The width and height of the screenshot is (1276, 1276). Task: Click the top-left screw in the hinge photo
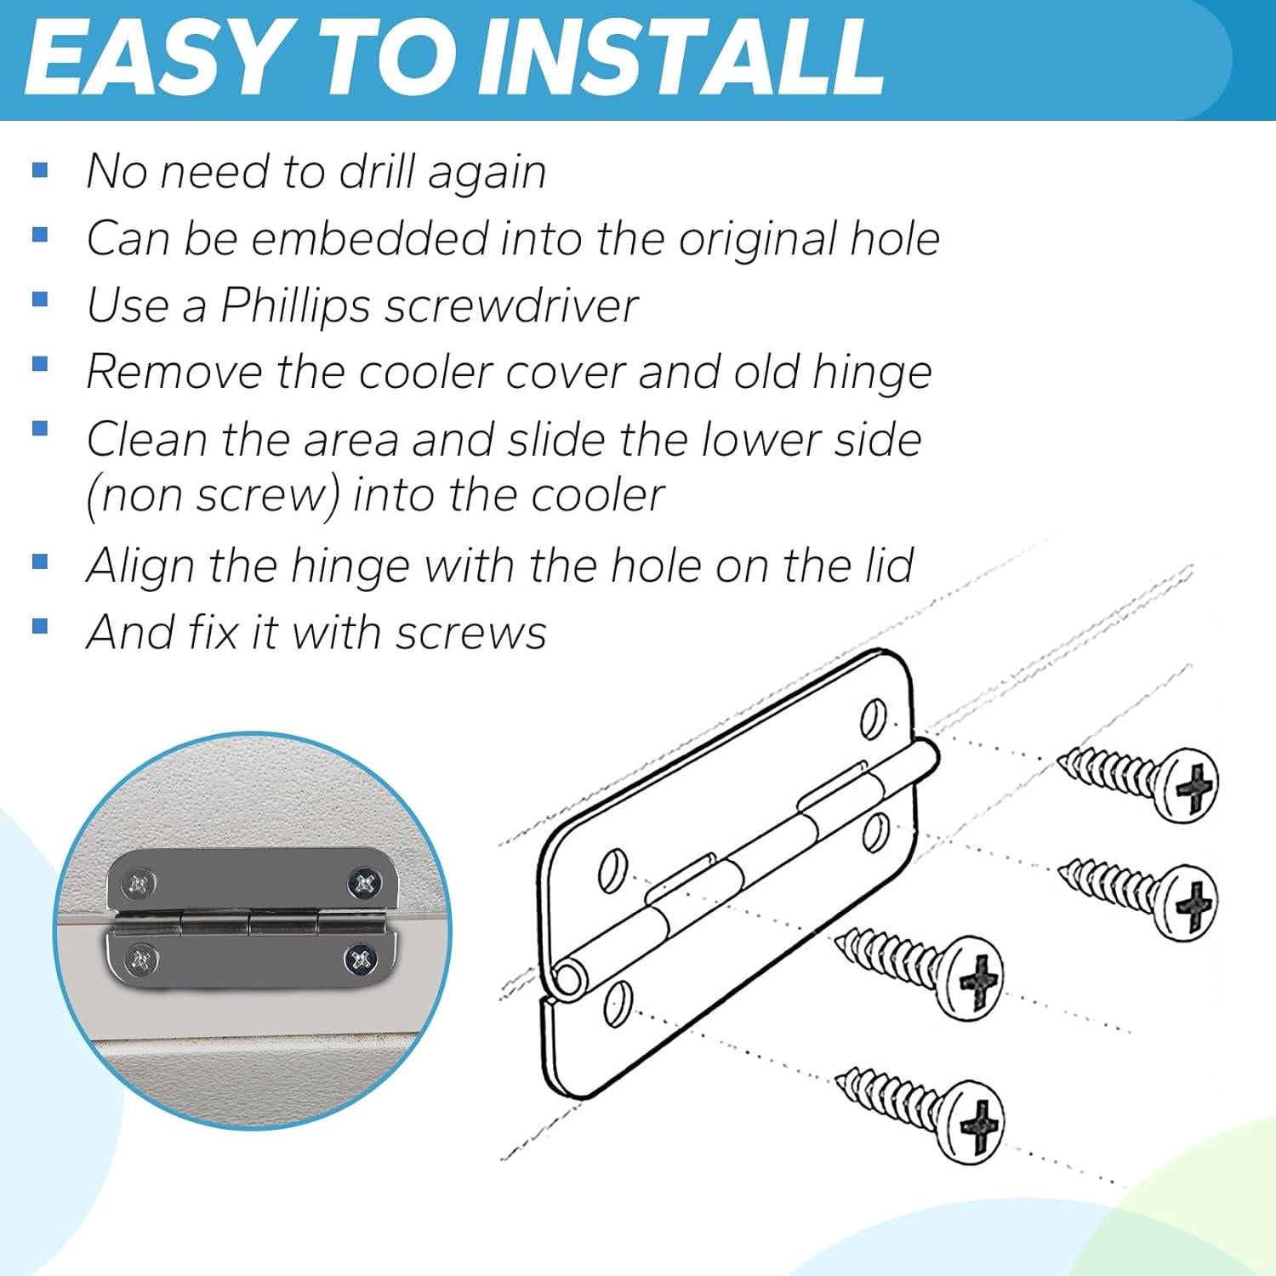point(140,885)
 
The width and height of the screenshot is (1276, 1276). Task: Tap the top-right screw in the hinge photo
point(364,884)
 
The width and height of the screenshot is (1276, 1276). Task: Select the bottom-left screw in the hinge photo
point(140,961)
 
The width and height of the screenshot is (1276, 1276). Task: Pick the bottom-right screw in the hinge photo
point(360,961)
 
